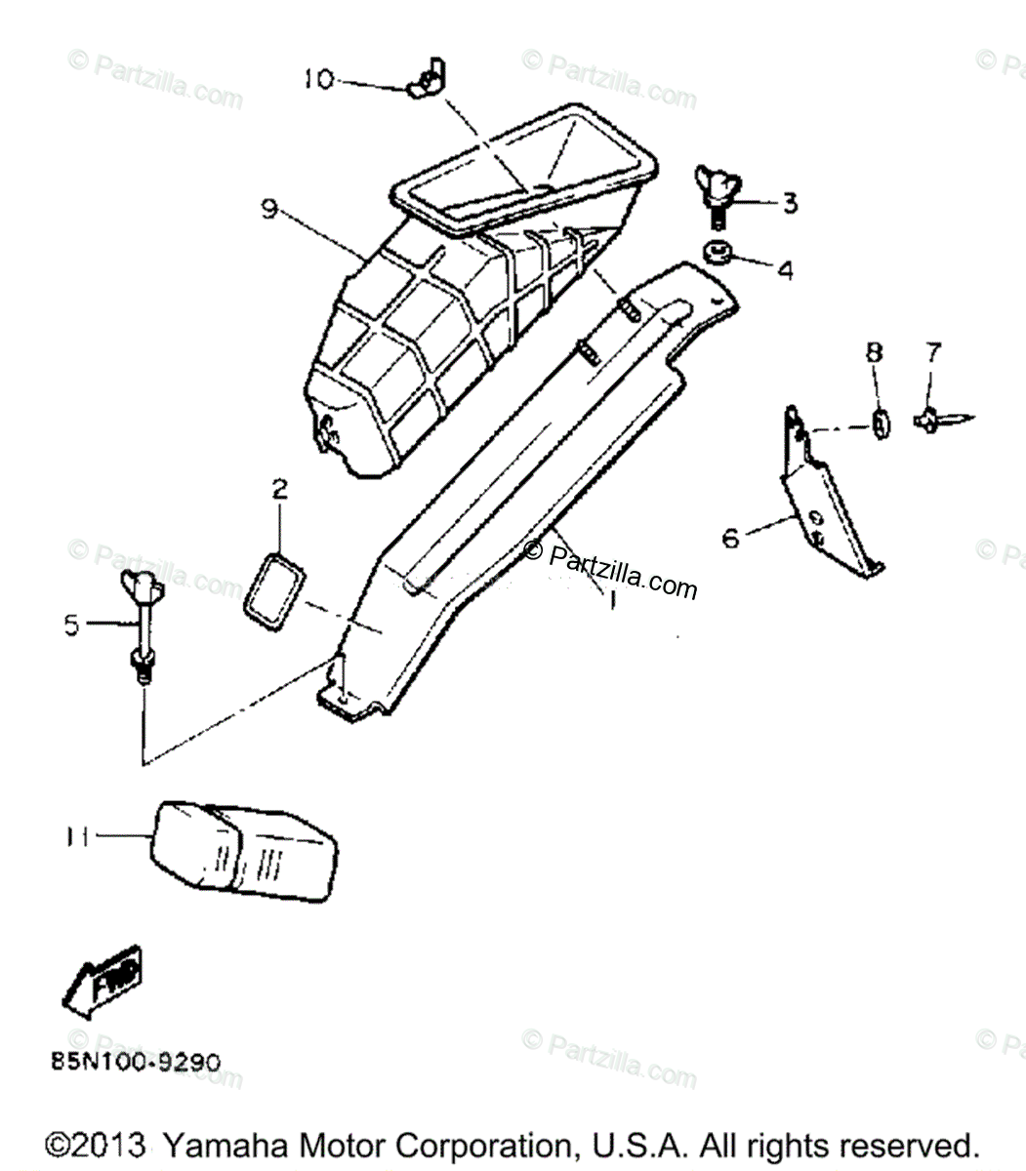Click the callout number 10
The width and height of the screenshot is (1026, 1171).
pos(318,79)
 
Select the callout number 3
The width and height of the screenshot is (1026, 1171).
pos(789,203)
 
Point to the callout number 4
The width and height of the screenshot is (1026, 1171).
pos(785,269)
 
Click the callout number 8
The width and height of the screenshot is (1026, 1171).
pos(874,351)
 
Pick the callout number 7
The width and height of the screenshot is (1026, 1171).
pos(934,351)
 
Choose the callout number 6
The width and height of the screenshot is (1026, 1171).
pos(731,538)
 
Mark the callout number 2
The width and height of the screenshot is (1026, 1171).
pos(279,489)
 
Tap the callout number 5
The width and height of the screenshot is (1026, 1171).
pos(72,624)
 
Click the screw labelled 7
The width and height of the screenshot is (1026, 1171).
pos(939,420)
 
